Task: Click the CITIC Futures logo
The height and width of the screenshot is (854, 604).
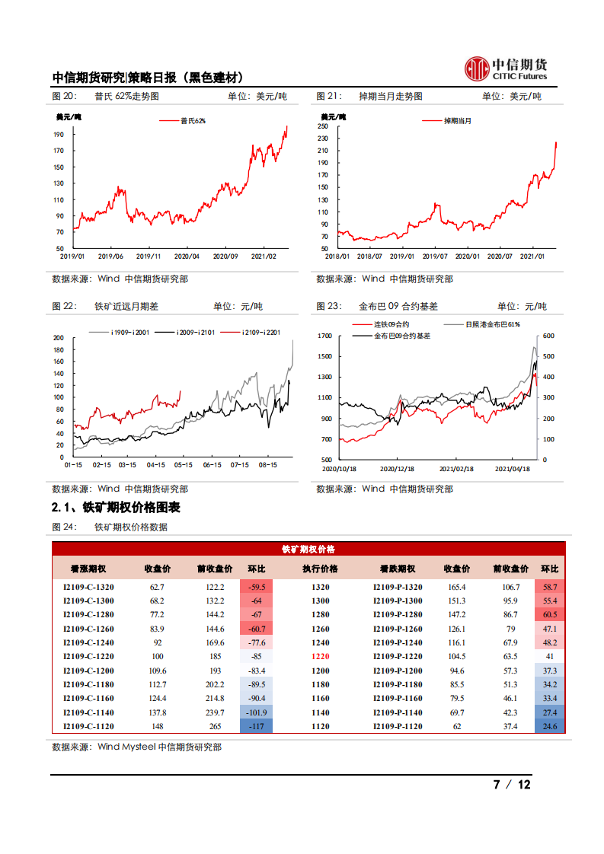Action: (506, 69)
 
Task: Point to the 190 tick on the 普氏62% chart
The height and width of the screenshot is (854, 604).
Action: (59, 134)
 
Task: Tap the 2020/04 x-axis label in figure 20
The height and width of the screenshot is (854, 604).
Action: (187, 257)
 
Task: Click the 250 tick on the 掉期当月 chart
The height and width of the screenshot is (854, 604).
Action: (323, 126)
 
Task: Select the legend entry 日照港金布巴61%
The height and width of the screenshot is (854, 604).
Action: (492, 324)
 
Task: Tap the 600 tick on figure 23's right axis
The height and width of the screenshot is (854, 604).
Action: (549, 336)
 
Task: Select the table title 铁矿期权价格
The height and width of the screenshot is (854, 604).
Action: (308, 549)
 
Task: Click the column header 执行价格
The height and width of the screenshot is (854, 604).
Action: (320, 569)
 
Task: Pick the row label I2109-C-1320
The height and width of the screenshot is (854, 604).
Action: (88, 587)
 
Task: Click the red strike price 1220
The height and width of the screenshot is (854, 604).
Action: (320, 656)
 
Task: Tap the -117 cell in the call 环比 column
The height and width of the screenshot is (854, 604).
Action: (257, 726)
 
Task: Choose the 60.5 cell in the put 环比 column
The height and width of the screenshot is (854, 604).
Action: (549, 615)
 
